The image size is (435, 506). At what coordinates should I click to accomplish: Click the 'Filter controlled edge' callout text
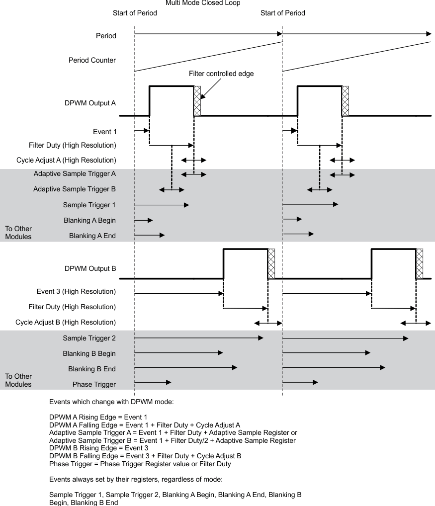(222, 74)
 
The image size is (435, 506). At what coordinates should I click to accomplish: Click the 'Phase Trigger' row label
(94, 384)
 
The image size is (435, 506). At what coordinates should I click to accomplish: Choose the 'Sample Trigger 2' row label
(89, 338)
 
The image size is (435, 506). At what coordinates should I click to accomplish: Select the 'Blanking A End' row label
(92, 236)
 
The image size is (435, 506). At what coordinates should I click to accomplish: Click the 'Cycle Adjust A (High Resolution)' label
(72, 160)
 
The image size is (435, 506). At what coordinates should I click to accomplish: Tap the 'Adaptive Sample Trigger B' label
(75, 189)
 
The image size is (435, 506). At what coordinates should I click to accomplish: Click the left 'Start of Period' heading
(135, 13)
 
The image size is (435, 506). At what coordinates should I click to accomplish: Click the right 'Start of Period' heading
(282, 13)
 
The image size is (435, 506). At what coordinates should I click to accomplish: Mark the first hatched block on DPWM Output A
(197, 101)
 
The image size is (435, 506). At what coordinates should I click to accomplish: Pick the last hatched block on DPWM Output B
(419, 264)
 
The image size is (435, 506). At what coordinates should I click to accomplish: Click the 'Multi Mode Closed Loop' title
(202, 3)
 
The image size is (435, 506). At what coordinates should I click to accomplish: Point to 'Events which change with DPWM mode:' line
(111, 402)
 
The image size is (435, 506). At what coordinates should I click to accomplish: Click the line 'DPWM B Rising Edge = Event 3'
(99, 447)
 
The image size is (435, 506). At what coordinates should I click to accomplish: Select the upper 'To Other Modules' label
(18, 233)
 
